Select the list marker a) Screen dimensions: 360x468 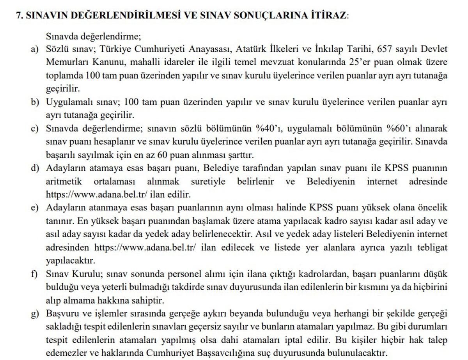[x=35, y=49]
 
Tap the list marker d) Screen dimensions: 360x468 [x=35, y=168]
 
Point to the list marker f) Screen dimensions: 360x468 [x=35, y=274]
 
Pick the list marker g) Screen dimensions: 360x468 [x=35, y=314]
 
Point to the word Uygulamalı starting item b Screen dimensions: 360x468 [x=69, y=102]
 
